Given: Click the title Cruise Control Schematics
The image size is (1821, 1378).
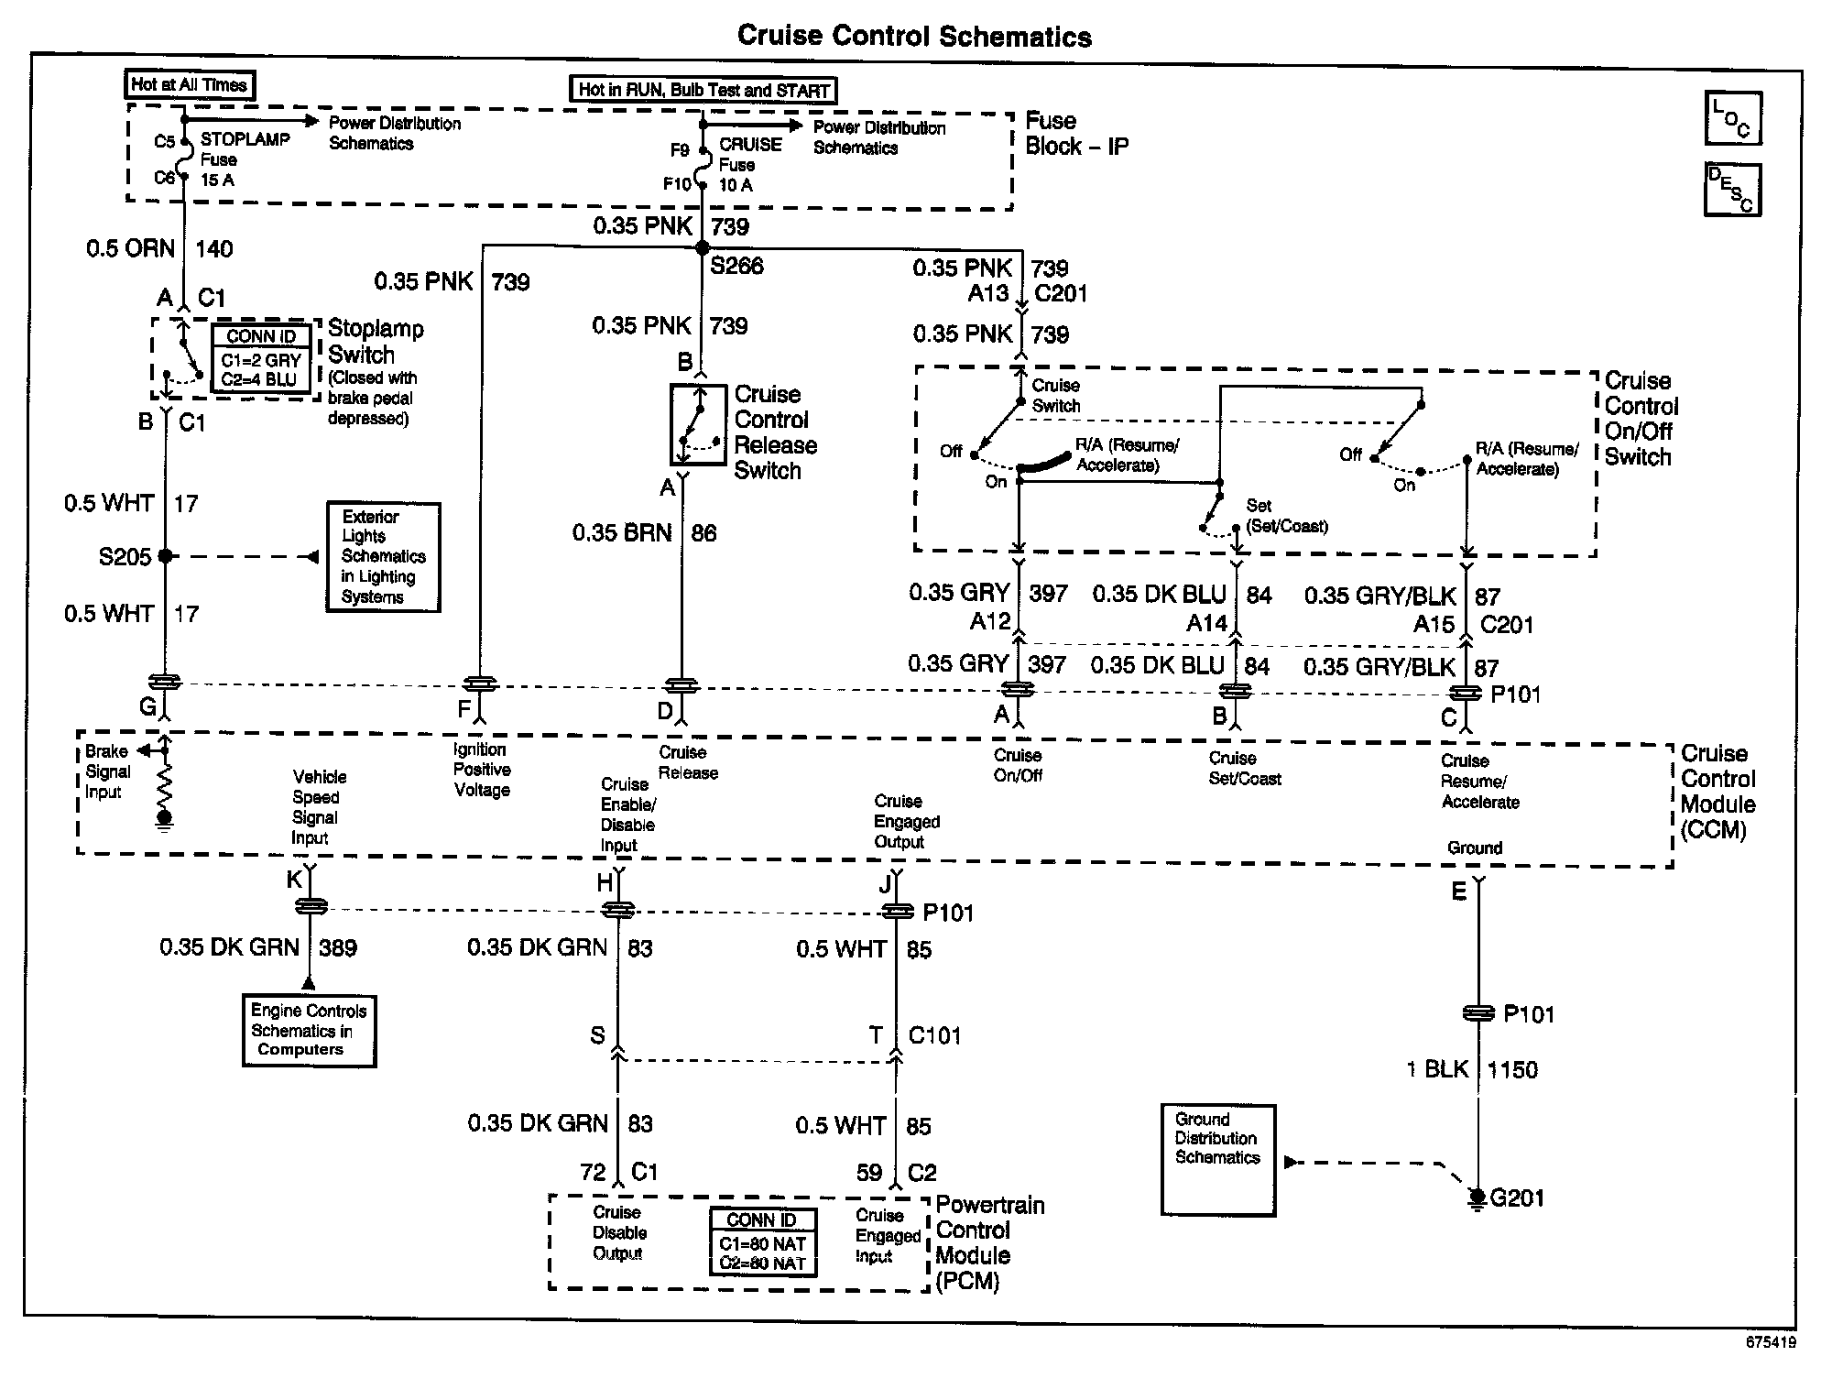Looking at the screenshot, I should click(x=914, y=37).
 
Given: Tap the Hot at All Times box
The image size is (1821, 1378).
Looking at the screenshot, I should click(x=190, y=85).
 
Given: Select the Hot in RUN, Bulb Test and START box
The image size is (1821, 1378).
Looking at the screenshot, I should click(x=703, y=90).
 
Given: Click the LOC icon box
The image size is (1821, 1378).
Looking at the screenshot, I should click(x=1732, y=118).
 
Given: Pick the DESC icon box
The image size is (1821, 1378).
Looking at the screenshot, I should click(x=1732, y=190).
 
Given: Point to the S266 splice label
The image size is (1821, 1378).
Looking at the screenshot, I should click(x=736, y=266).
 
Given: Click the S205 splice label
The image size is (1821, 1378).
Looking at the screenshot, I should click(x=125, y=557).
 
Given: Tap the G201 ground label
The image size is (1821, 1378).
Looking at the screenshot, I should click(x=1516, y=1198).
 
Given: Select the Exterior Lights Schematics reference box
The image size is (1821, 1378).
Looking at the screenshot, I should click(x=384, y=557).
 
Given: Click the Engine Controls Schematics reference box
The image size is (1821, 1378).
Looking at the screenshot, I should click(x=309, y=1031).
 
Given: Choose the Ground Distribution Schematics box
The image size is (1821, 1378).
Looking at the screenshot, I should click(x=1217, y=1159).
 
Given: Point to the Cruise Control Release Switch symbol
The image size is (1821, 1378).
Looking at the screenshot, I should click(x=698, y=425).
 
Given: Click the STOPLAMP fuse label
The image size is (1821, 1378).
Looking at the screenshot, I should click(x=245, y=139).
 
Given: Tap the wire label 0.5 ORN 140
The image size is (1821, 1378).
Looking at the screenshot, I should click(x=160, y=249).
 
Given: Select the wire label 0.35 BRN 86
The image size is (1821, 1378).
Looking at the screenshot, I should click(x=644, y=533).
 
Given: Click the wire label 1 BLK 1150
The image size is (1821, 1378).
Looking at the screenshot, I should click(x=1471, y=1070).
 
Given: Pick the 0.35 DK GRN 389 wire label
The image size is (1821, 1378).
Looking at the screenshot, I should click(x=258, y=948).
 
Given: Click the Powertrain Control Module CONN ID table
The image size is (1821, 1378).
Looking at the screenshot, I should click(x=762, y=1241).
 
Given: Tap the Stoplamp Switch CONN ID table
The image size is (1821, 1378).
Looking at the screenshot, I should click(x=261, y=358).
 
